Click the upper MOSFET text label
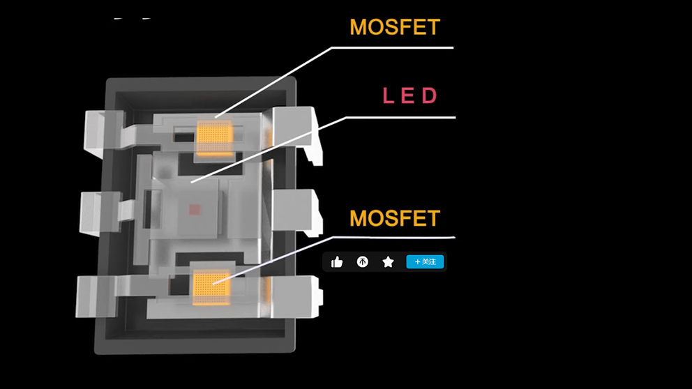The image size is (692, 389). (395, 27)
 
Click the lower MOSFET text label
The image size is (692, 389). (395, 218)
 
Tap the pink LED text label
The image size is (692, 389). (409, 96)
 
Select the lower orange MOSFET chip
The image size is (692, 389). (211, 286)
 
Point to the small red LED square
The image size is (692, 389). (195, 208)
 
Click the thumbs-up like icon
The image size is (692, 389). (337, 262)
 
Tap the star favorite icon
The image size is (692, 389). (388, 262)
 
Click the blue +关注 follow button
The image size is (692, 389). (425, 262)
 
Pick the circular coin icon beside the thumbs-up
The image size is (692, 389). (363, 262)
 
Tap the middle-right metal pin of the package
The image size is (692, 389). (296, 212)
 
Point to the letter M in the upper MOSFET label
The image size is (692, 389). (359, 27)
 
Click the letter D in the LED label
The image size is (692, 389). (429, 96)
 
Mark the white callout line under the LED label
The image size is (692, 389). (401, 117)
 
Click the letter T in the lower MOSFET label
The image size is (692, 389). (433, 218)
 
